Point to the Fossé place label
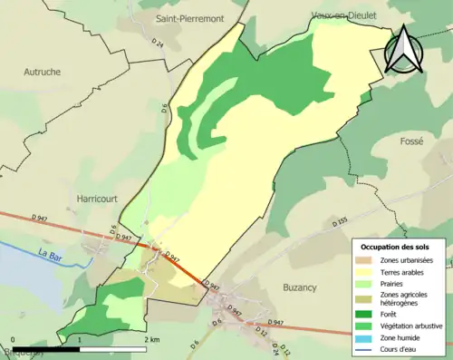[x=412, y=141]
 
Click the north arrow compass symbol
[x=403, y=50]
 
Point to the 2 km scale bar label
[x=152, y=338]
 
